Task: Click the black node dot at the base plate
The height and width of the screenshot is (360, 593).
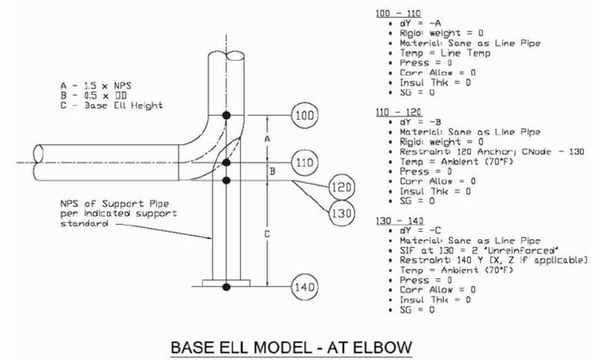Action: [225, 287]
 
